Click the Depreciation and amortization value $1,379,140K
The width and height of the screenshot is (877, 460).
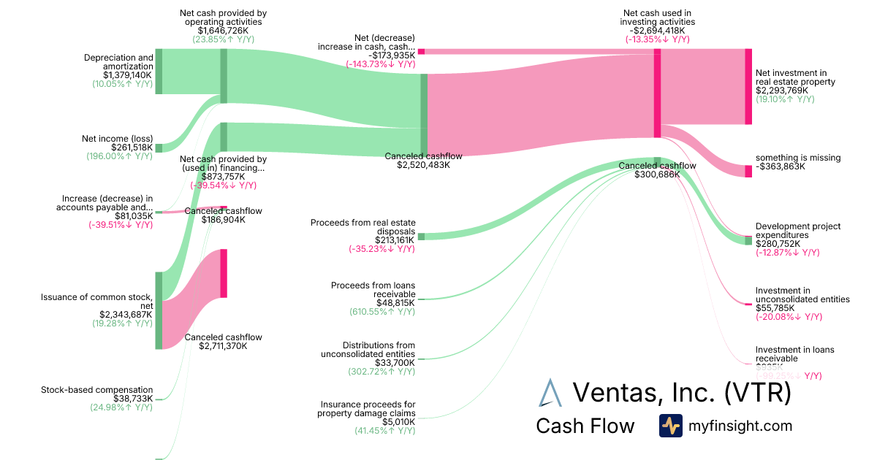[x=128, y=75]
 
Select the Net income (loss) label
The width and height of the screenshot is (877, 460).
[x=117, y=138]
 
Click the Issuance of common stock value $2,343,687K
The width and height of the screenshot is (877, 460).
[x=124, y=315]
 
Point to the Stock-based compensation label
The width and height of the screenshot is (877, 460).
[x=107, y=390]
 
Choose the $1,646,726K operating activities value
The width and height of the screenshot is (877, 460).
[x=223, y=31]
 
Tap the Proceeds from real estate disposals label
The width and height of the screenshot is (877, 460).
[x=362, y=226]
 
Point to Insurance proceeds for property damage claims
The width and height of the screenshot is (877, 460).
[x=366, y=409]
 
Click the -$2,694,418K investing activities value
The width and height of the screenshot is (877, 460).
[x=657, y=31]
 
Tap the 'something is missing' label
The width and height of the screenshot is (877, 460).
[x=797, y=158]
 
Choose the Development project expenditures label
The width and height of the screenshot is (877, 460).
[x=797, y=231]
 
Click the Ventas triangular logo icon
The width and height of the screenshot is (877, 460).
[x=549, y=392]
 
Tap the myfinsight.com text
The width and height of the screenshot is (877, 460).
[x=740, y=426]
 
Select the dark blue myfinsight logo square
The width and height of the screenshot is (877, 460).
[x=670, y=426]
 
